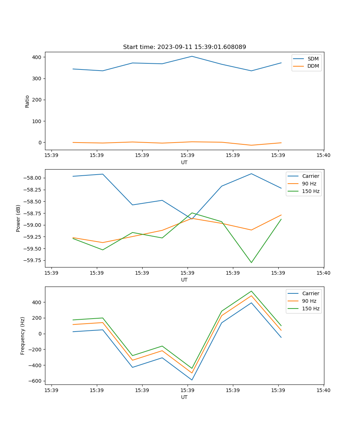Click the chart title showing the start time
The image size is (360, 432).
[184, 47]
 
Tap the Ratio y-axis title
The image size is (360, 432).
[27, 101]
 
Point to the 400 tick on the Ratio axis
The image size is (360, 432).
[37, 57]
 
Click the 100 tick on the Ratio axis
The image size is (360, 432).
[37, 121]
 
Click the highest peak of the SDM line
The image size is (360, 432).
[192, 56]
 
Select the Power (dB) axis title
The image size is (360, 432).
[18, 218]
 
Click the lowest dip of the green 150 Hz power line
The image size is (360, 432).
[251, 262]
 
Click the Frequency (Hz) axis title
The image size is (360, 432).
[23, 336]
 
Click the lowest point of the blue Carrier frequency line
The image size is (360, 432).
[192, 380]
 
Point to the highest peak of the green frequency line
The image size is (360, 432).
[251, 291]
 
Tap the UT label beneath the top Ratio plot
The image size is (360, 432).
[184, 162]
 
